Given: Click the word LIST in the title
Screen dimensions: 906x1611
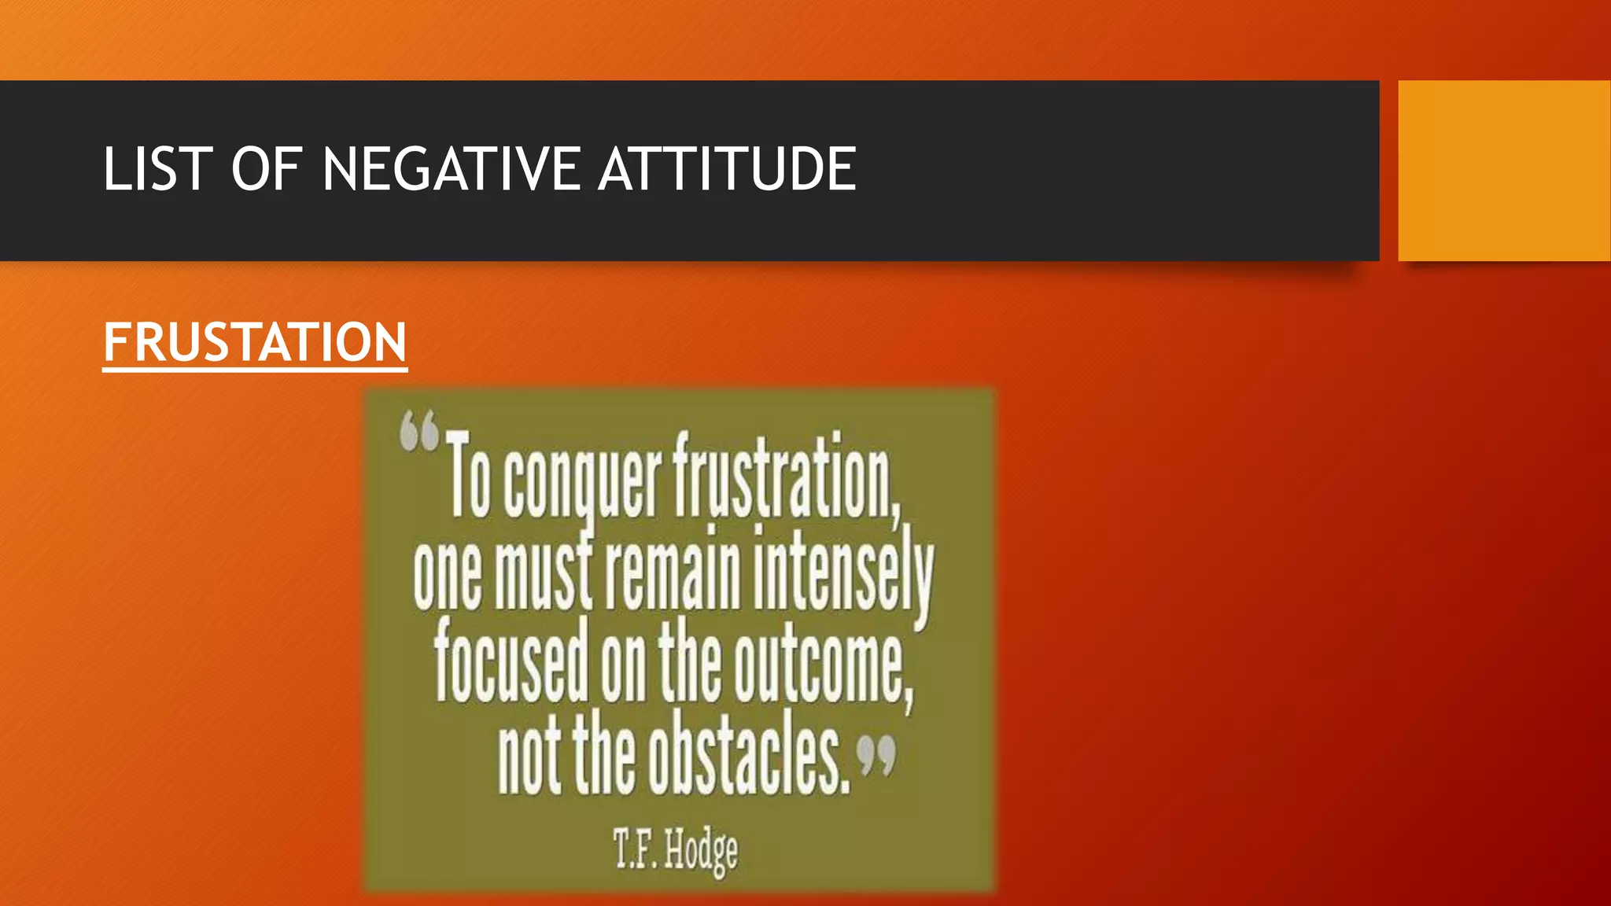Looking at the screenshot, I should click(x=157, y=169).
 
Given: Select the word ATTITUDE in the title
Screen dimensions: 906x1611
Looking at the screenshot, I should click(x=727, y=169).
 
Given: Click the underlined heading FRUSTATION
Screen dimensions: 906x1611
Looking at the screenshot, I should click(x=255, y=343).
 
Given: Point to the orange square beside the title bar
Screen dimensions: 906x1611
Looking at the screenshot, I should click(x=1504, y=170).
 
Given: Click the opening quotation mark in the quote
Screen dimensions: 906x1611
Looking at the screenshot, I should click(x=418, y=433).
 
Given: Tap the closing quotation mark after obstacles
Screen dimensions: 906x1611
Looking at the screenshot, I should click(x=876, y=755).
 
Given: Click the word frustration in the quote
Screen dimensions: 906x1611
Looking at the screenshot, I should click(x=785, y=476).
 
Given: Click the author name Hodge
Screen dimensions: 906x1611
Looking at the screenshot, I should click(x=701, y=852).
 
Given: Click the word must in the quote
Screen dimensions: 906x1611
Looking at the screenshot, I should click(x=544, y=574).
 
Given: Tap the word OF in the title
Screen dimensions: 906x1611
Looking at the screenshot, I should click(x=267, y=169).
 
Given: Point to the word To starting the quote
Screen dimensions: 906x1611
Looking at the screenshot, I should click(x=470, y=476).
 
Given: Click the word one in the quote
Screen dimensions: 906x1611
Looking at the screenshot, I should click(x=447, y=576).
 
